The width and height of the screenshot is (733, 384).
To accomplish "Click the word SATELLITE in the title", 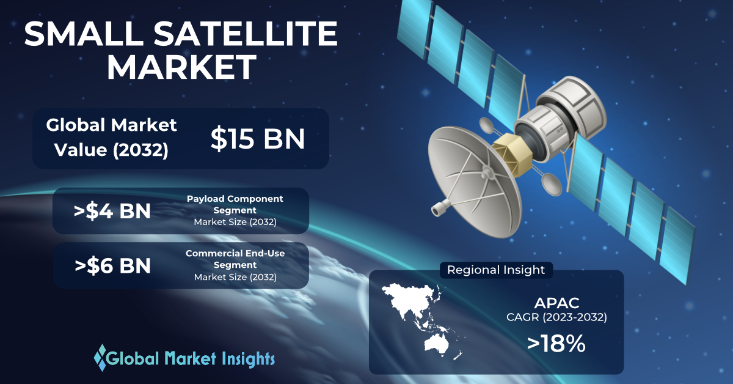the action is tap(246, 34).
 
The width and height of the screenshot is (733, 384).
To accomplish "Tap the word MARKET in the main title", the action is tap(181, 67).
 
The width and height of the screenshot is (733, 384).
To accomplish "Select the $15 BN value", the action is tap(258, 139).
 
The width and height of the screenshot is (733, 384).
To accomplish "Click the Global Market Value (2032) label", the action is tap(111, 138).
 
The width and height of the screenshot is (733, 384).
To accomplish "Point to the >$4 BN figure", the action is tap(112, 211).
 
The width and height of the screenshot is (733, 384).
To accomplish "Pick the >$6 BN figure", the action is tap(112, 265).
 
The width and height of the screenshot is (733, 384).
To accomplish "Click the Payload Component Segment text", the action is tap(235, 204).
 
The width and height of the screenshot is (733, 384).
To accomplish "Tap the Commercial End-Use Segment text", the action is tap(235, 259).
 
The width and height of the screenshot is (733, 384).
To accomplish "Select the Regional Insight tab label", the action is tap(496, 270).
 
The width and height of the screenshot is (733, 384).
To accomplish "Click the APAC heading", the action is tap(556, 303).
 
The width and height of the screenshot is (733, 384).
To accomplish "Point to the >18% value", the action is tap(556, 344).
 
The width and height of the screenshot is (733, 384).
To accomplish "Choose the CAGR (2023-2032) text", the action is tap(556, 317).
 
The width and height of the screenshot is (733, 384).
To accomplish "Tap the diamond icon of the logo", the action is tap(101, 358).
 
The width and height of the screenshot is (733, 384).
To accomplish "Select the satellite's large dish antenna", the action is tap(475, 182).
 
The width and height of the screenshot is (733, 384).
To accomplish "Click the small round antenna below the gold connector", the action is tap(551, 185).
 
